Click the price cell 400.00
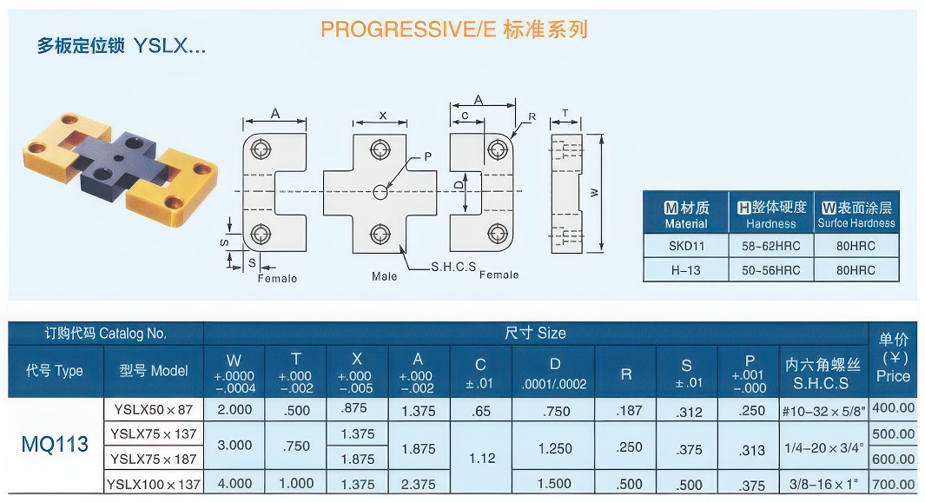pyautogui.click(x=893, y=407)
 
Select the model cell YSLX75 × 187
pyautogui.click(x=154, y=459)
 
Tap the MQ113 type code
pyautogui.click(x=55, y=444)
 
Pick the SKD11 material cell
pyautogui.click(x=686, y=246)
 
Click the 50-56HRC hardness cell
pyautogui.click(x=771, y=270)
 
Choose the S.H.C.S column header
pyautogui.click(x=822, y=374)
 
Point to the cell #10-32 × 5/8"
pyautogui.click(x=823, y=411)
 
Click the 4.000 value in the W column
pyautogui.click(x=235, y=484)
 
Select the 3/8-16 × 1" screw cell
pyautogui.click(x=823, y=484)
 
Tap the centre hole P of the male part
pyautogui.click(x=380, y=192)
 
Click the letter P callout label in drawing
pyautogui.click(x=427, y=156)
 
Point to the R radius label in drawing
pyautogui.click(x=532, y=117)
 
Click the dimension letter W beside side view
pyautogui.click(x=595, y=193)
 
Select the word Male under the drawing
pyautogui.click(x=384, y=276)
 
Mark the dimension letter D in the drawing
pyautogui.click(x=459, y=185)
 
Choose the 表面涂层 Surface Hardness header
pyautogui.click(x=856, y=215)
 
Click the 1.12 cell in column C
pyautogui.click(x=482, y=458)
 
